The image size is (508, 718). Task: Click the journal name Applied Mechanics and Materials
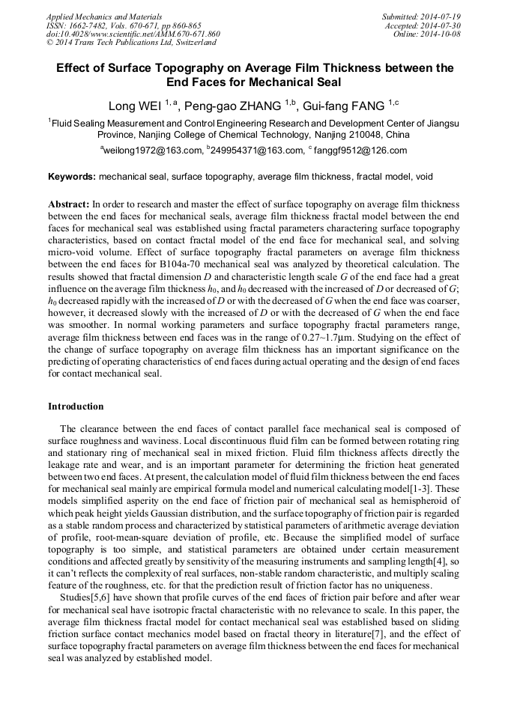94,16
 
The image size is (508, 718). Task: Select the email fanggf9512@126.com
361,150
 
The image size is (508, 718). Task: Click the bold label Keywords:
72,177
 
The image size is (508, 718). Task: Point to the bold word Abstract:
69,204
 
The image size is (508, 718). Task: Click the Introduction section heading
76,407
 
